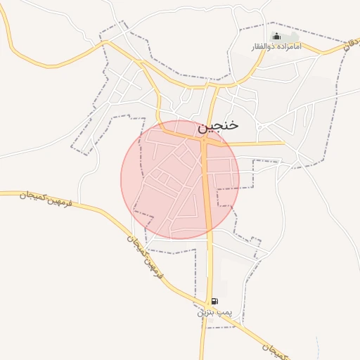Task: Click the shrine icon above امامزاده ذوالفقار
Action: [x=276, y=37]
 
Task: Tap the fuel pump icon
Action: [x=214, y=301]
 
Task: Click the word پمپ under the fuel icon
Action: [x=224, y=311]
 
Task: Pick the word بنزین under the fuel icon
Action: [x=205, y=311]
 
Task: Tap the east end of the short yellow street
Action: [x=284, y=143]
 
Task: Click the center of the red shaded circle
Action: [x=180, y=179]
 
